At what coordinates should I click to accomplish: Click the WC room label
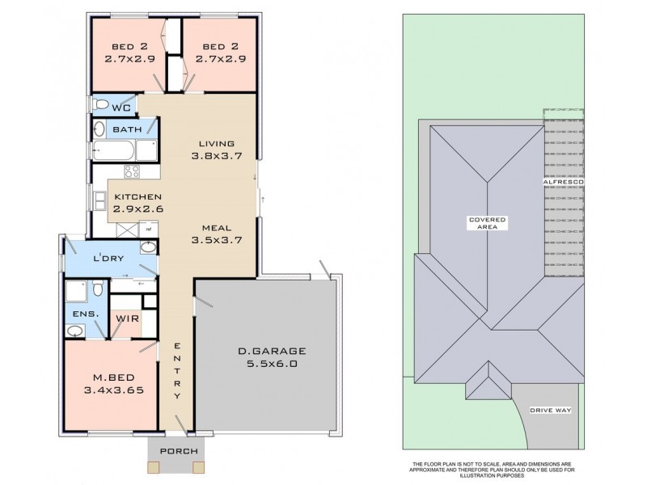click(122, 108)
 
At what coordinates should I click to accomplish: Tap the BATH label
click(127, 129)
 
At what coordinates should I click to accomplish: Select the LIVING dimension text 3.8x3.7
click(217, 156)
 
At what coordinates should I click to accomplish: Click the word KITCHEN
click(137, 196)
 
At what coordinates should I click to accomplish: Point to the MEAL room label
click(217, 228)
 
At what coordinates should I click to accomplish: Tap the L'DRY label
click(108, 259)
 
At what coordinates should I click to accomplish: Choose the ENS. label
click(86, 314)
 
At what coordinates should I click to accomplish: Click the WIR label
click(127, 318)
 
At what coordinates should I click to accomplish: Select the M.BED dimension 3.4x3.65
click(114, 390)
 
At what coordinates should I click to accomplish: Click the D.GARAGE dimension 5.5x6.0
click(272, 364)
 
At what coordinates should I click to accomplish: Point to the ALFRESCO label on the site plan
click(563, 182)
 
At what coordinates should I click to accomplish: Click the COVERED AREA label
click(488, 223)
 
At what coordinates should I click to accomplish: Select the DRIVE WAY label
click(551, 411)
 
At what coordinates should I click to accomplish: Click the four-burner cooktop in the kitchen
click(132, 171)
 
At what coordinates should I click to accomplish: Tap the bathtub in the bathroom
click(113, 150)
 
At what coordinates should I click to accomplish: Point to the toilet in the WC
click(100, 104)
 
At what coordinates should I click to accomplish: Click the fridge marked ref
click(149, 229)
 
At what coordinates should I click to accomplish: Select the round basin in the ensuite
click(74, 331)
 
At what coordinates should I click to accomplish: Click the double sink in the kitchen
click(99, 201)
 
